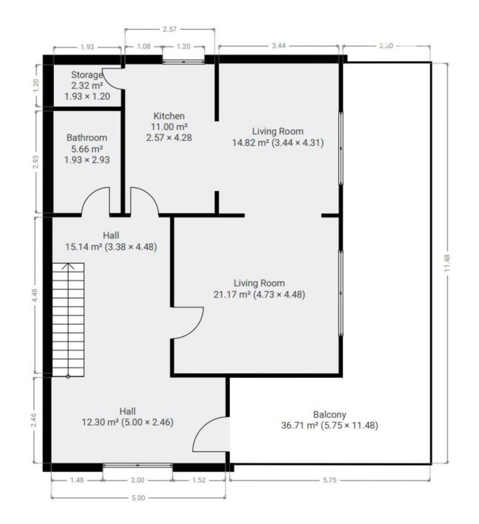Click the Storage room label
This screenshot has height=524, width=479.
pyautogui.click(x=86, y=75)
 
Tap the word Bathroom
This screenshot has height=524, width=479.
pyautogui.click(x=87, y=138)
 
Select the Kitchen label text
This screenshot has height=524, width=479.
pyautogui.click(x=169, y=116)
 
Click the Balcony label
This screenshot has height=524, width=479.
pyautogui.click(x=330, y=415)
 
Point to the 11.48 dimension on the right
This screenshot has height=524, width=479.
pyautogui.click(x=447, y=263)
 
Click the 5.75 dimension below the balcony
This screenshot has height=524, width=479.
pyautogui.click(x=330, y=480)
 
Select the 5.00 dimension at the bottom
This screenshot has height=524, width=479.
pyautogui.click(x=138, y=498)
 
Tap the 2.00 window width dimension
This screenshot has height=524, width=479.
pyautogui.click(x=137, y=480)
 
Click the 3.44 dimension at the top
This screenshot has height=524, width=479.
pyautogui.click(x=279, y=46)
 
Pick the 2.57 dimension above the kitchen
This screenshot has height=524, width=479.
pyautogui.click(x=169, y=29)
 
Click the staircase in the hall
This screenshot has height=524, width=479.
pyautogui.click(x=68, y=320)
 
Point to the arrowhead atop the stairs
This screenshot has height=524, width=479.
pyautogui.click(x=68, y=265)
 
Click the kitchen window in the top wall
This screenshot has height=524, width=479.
pyautogui.click(x=183, y=62)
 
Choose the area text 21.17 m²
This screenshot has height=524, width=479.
pyautogui.click(x=231, y=295)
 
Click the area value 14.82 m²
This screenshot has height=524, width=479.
pyautogui.click(x=250, y=143)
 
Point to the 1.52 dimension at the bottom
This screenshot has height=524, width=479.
pyautogui.click(x=199, y=480)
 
